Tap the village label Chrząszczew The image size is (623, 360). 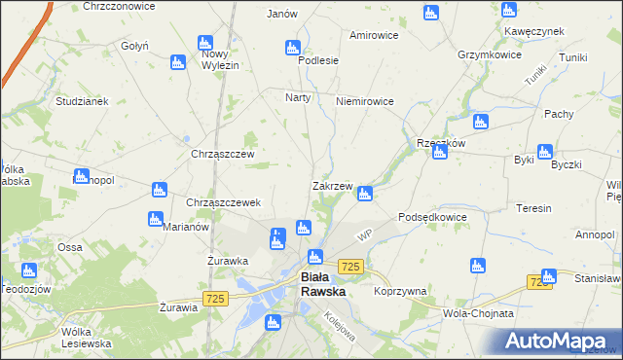point(222,154)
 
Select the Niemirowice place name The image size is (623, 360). point(364,101)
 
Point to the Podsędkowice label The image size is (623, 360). point(433,217)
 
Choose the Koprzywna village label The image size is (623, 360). point(400,291)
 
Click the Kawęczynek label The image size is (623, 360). point(533,31)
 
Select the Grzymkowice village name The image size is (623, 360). point(492,54)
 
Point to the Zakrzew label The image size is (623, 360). point(331,185)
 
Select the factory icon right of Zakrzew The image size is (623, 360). point(364,194)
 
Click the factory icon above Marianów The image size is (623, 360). point(154,219)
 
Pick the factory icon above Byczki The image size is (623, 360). point(544,151)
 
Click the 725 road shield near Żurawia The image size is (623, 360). point(216,298)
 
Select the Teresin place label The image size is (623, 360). point(534,208)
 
